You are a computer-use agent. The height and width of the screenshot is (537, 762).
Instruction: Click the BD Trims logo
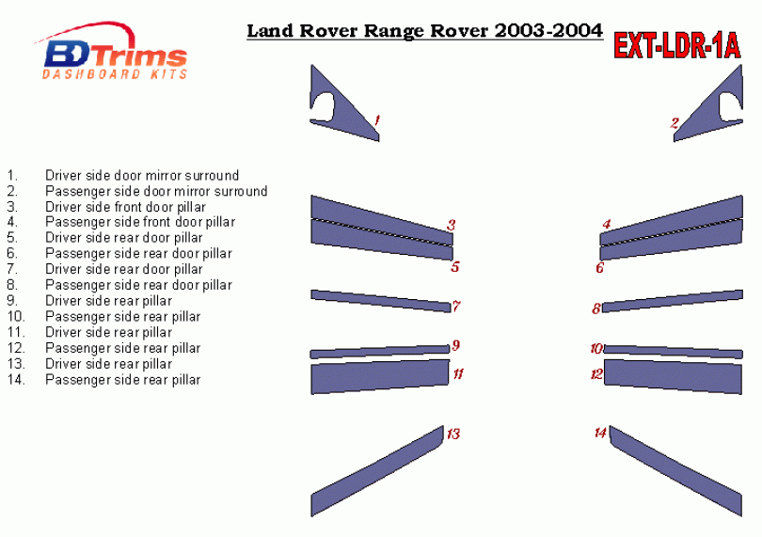click(x=112, y=51)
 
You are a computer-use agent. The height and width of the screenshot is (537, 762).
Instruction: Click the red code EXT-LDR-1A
click(x=677, y=46)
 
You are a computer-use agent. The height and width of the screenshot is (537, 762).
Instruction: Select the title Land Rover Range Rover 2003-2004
click(x=424, y=31)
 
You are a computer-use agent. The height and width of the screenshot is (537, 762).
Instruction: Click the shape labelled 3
click(x=382, y=219)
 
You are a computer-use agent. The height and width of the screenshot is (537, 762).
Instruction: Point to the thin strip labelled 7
click(x=380, y=301)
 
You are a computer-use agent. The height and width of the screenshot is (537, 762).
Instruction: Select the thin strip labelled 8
click(x=673, y=301)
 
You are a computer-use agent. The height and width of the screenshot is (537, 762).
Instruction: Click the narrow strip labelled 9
click(x=379, y=352)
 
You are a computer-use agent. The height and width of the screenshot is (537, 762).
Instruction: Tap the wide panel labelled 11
click(x=380, y=376)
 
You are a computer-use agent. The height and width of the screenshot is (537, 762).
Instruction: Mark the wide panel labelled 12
click(x=673, y=376)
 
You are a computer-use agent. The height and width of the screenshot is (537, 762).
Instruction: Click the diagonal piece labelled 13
click(x=377, y=471)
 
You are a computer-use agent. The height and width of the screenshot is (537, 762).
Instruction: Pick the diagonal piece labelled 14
click(x=676, y=471)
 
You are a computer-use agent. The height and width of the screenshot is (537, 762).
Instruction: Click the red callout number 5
click(x=455, y=267)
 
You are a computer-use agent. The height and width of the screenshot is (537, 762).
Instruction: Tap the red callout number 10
click(x=596, y=349)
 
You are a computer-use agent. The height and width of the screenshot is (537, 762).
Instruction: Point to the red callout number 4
click(x=607, y=224)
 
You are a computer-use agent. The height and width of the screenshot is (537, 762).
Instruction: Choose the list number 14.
click(x=16, y=380)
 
